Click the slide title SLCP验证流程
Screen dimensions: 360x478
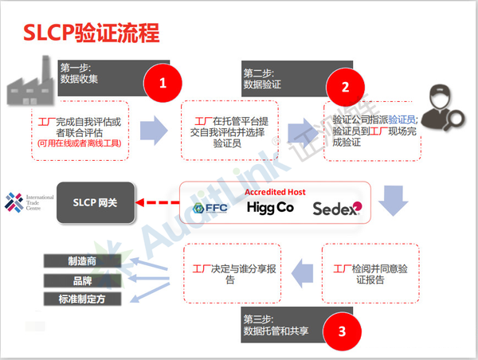pyautogui.click(x=92, y=33)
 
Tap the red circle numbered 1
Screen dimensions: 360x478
pyautogui.click(x=163, y=82)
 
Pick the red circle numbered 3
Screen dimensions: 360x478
pyautogui.click(x=341, y=331)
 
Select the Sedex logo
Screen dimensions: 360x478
pyautogui.click(x=336, y=209)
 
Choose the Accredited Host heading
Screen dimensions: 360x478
pyautogui.click(x=275, y=192)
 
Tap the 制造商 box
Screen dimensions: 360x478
pyautogui.click(x=83, y=261)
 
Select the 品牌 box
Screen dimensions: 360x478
pyautogui.click(x=83, y=280)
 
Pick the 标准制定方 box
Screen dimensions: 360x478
pyautogui.click(x=83, y=299)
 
